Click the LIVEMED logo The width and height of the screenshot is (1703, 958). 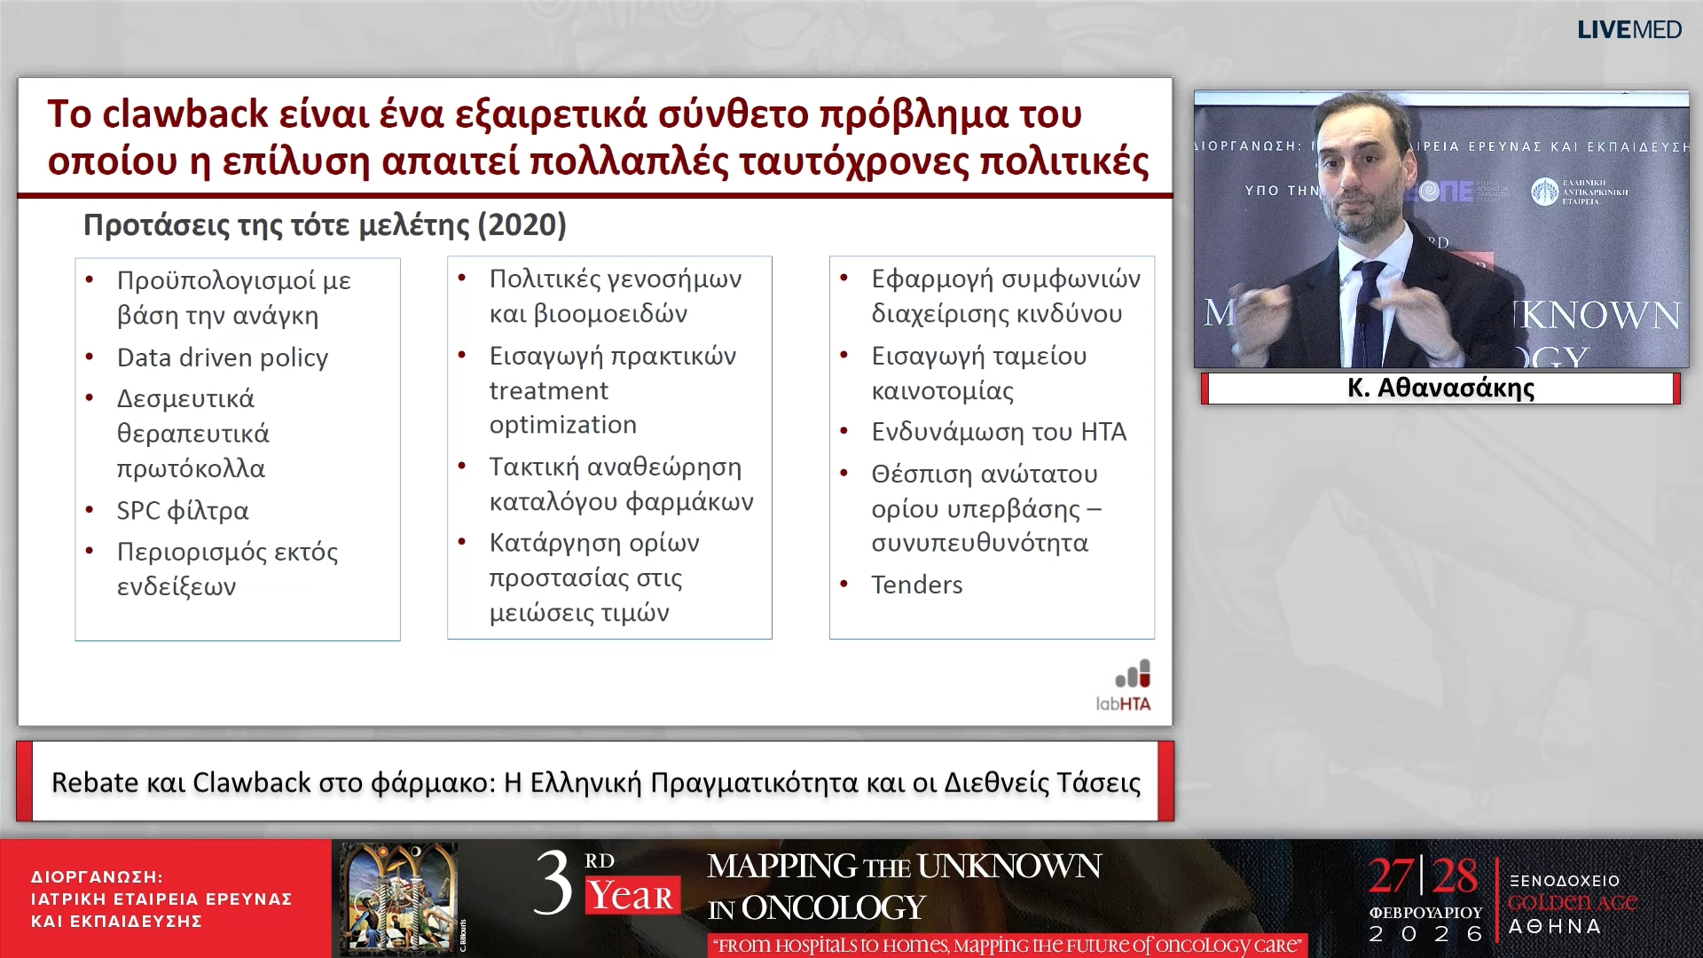pyautogui.click(x=1628, y=30)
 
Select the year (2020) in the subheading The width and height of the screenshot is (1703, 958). pyautogui.click(x=522, y=224)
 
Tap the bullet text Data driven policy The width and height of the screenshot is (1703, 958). pyautogui.click(x=223, y=357)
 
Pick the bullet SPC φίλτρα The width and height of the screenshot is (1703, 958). pyautogui.click(x=183, y=511)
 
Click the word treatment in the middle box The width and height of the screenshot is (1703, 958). pyautogui.click(x=548, y=390)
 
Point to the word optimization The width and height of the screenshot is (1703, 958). pyautogui.click(x=562, y=425)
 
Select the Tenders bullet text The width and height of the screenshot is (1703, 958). pyautogui.click(x=916, y=585)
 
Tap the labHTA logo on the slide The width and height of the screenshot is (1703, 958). pyautogui.click(x=1125, y=686)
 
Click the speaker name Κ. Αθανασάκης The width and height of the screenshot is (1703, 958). pyautogui.click(x=1440, y=389)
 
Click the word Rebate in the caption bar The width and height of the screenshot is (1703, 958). pyautogui.click(x=95, y=782)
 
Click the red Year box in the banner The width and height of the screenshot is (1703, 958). pyautogui.click(x=632, y=896)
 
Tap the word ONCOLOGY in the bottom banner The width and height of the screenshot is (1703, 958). pyautogui.click(x=833, y=908)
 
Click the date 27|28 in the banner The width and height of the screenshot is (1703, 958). pyautogui.click(x=1423, y=876)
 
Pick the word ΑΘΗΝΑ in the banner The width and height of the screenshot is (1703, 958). pyautogui.click(x=1554, y=927)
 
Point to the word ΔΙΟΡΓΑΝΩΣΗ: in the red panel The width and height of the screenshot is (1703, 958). pyautogui.click(x=97, y=876)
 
